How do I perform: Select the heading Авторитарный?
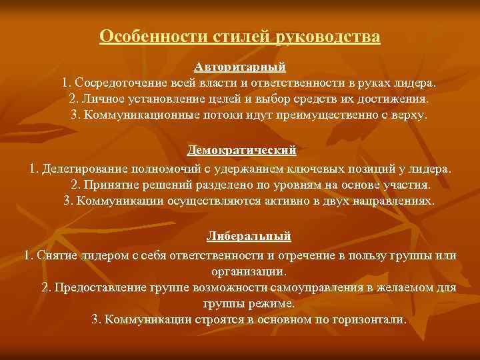pyautogui.click(x=240, y=68)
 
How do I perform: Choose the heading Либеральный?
pyautogui.click(x=249, y=237)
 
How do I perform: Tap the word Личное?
pyautogui.click(x=100, y=99)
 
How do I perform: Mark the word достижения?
pyautogui.click(x=395, y=99)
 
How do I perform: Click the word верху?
pyautogui.click(x=409, y=115)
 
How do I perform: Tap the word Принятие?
pyautogui.click(x=109, y=185)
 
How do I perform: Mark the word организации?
pyautogui.click(x=248, y=271)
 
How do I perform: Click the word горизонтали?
pyautogui.click(x=368, y=319)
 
